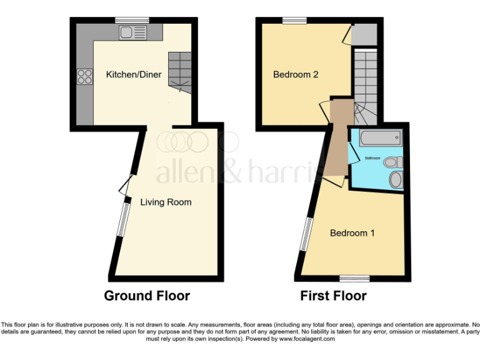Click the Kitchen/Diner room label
point(134,74)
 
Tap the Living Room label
point(166,202)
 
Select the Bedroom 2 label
point(296,74)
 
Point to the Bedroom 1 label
point(352,233)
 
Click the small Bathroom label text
point(373,158)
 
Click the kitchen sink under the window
point(133,32)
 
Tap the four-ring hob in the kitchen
point(84,77)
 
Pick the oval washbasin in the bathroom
point(396,180)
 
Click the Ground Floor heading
point(147,296)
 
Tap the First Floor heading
point(333,296)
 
